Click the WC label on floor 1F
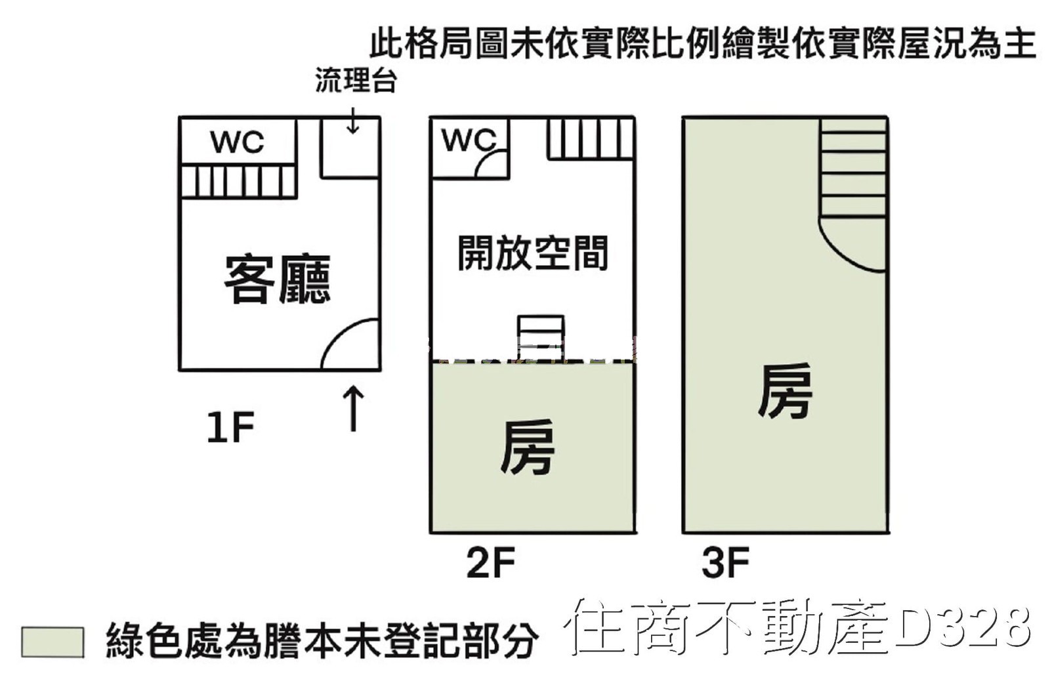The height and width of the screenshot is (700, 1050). (x=237, y=142)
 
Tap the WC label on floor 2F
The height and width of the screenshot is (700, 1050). (x=469, y=140)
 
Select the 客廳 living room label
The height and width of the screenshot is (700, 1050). (x=277, y=279)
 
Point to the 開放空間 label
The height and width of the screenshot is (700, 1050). (x=532, y=253)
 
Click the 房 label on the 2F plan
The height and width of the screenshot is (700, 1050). (x=527, y=448)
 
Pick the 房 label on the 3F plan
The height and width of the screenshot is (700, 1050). (x=785, y=392)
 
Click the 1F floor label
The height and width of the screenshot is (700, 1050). (x=230, y=427)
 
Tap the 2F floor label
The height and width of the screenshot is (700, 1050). (x=490, y=562)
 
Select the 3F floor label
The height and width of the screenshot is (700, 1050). (x=725, y=562)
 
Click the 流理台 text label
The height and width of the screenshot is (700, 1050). (x=355, y=80)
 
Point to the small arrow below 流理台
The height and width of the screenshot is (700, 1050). (x=353, y=121)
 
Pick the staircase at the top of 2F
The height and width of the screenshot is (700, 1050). (x=590, y=138)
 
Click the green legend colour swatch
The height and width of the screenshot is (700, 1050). (x=52, y=641)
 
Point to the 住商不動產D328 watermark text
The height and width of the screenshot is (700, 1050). (x=797, y=627)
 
